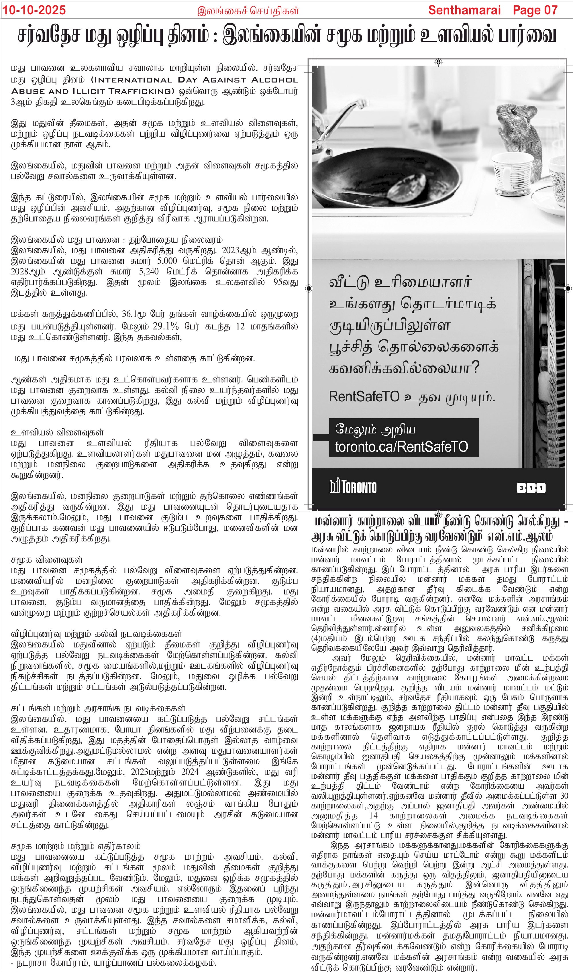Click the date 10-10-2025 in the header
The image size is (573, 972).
tap(34, 10)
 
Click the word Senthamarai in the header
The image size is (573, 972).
tap(464, 10)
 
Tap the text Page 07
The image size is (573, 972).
tap(535, 10)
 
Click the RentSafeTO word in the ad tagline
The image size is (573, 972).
tap(364, 396)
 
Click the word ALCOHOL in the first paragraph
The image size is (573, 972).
tap(274, 80)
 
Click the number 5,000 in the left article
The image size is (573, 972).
tap(166, 261)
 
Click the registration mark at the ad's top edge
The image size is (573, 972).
tap(438, 62)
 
